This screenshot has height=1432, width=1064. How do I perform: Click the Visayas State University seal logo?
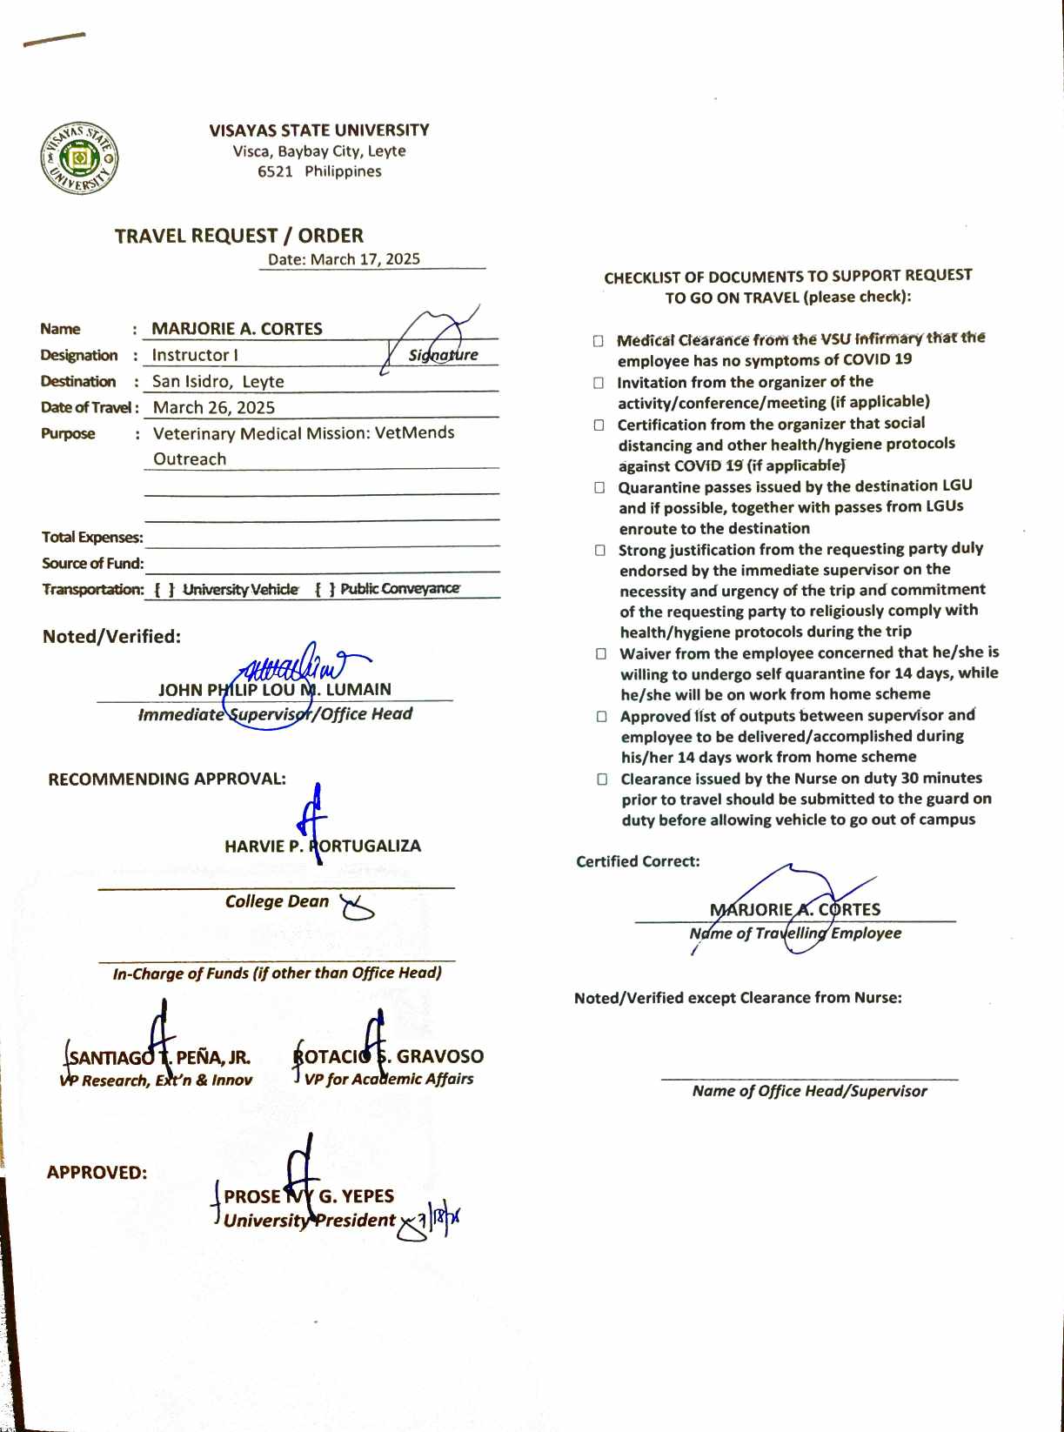79,158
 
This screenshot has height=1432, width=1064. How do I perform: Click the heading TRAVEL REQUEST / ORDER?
239,236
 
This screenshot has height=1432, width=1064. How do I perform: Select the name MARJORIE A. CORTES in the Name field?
237,329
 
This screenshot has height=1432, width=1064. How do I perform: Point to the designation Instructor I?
195,355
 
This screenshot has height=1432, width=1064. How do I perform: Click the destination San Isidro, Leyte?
217,381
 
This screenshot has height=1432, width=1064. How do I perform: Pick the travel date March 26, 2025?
214,407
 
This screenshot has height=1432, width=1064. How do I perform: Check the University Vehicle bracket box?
164,590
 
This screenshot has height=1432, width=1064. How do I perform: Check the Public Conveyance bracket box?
325,589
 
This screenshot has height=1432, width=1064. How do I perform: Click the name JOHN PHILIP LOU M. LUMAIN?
275,690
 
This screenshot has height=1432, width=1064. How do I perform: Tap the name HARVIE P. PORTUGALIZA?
323,846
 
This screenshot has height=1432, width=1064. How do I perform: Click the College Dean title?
277,901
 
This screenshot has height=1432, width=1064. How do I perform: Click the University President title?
310,1221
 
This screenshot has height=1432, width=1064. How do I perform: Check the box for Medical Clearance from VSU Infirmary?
599,340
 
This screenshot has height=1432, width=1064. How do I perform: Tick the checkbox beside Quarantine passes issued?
599,488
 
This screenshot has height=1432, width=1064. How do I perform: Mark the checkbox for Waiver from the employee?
601,653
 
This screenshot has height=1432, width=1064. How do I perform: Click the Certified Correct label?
638,861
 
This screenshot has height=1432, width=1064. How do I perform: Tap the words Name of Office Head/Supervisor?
809,1091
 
